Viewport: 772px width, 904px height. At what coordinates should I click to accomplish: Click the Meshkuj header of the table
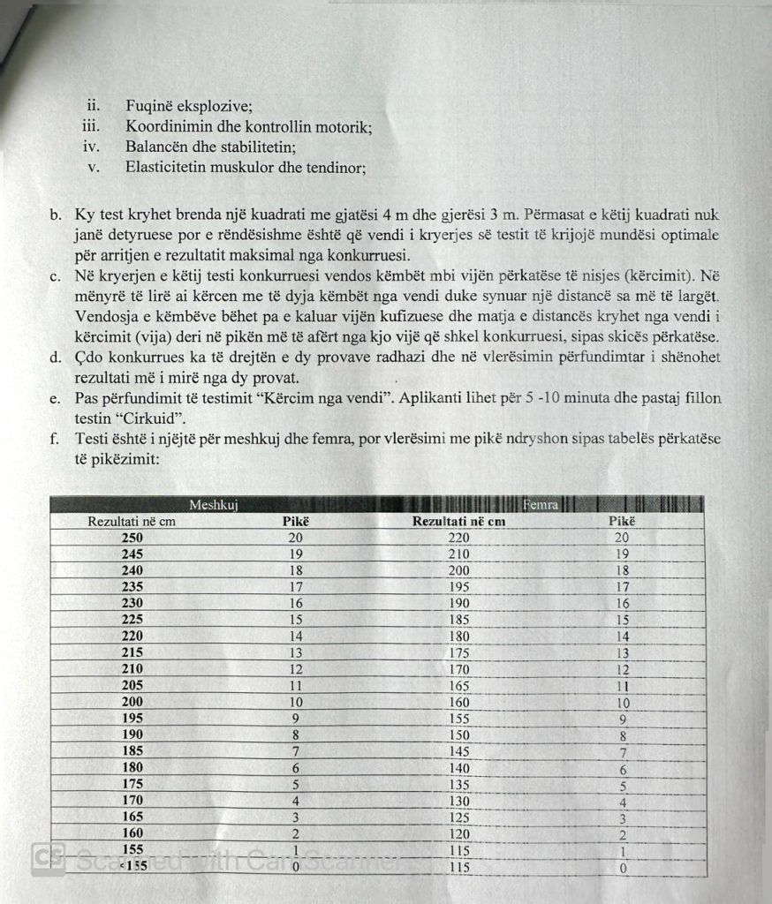pos(216,505)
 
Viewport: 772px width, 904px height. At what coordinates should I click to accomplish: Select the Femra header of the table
pos(540,505)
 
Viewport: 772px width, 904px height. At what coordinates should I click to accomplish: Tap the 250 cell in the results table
pos(132,538)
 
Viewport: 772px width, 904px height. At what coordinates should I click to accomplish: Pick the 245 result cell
pos(132,554)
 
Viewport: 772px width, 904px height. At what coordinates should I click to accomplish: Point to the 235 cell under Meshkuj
pos(132,587)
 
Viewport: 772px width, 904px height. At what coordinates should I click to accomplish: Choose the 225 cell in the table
pos(132,620)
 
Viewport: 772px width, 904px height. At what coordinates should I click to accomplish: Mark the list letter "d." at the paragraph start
pos(57,358)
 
